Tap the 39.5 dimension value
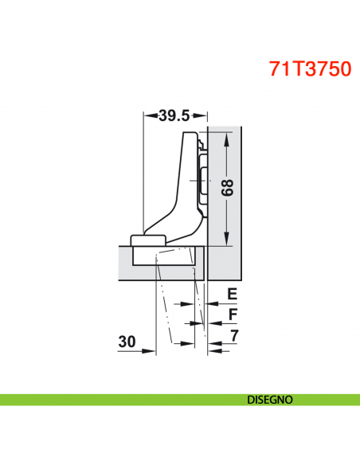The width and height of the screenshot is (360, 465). point(173,115)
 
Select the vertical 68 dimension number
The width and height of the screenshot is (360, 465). point(228,187)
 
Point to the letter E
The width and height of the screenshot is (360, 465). point(232,294)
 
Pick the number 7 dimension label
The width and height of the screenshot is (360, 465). point(233,335)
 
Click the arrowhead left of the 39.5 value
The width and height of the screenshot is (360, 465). point(148,115)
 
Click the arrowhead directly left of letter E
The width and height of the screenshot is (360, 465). point(213,303)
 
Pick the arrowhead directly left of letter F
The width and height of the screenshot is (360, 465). point(213,323)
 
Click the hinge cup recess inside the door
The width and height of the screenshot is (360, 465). point(163,256)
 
